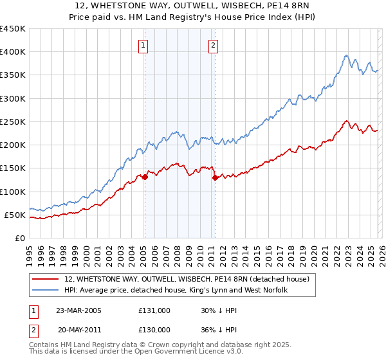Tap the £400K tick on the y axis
click(13, 52)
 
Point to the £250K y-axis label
click(13, 122)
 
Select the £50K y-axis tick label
click(15, 215)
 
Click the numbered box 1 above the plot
click(143, 45)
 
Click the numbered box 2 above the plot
click(212, 45)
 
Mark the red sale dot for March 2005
click(145, 177)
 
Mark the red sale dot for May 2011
click(215, 178)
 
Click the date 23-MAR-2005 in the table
click(78, 310)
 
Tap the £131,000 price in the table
click(154, 310)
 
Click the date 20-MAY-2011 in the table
click(78, 329)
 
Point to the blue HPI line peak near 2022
click(346, 56)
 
